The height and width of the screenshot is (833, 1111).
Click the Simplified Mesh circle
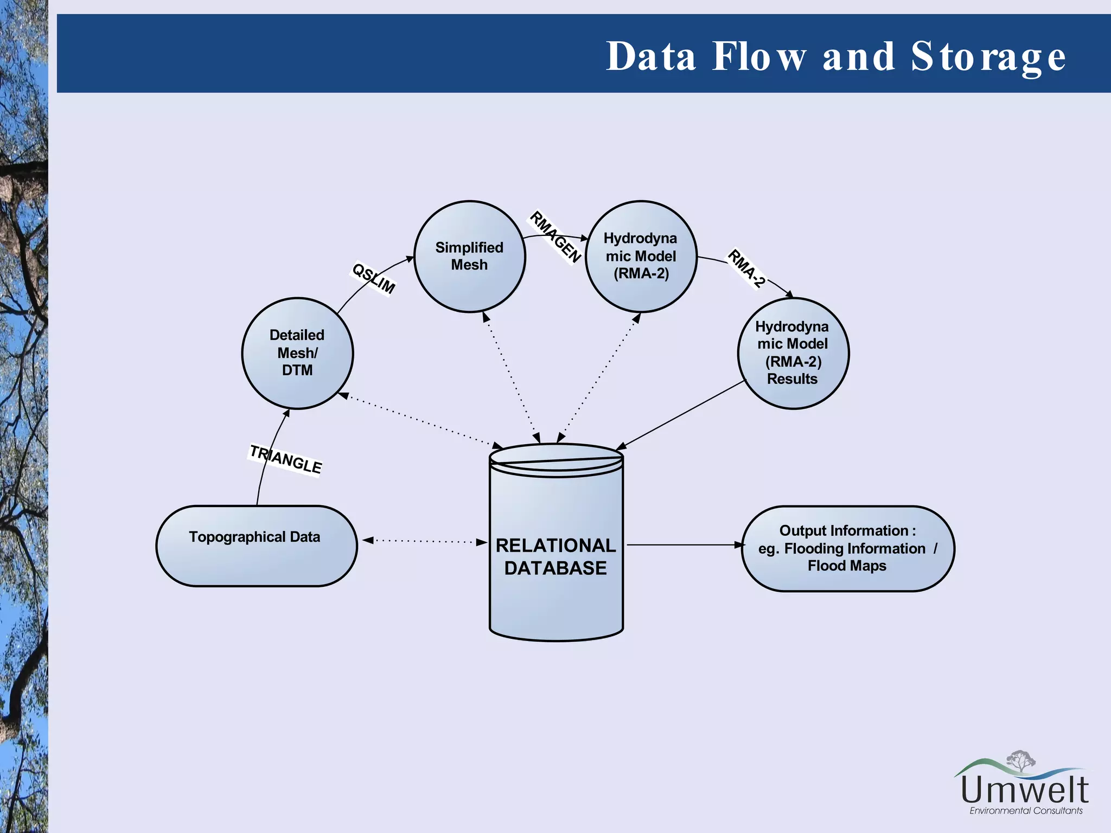[469, 257]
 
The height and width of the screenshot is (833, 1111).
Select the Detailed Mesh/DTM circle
[297, 353]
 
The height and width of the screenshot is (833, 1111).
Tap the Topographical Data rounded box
[256, 546]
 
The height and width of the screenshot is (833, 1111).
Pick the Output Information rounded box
[847, 548]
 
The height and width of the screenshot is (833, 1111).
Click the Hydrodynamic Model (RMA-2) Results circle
[793, 353]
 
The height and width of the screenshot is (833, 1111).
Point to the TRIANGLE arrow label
[286, 459]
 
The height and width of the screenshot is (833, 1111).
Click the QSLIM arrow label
[373, 278]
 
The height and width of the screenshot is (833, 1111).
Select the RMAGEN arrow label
[555, 237]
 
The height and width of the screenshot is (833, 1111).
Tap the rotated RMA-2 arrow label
[746, 268]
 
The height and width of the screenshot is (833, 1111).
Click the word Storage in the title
[988, 56]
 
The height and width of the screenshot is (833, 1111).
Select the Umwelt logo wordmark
[1024, 790]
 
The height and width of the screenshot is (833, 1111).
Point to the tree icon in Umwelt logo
[1020, 760]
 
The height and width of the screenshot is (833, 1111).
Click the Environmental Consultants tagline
[1025, 811]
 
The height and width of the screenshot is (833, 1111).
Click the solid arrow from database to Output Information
[684, 544]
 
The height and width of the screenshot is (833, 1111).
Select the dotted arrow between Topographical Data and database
[425, 541]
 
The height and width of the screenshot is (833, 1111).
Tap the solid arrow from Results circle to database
[681, 415]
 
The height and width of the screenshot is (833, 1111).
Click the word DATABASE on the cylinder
[555, 568]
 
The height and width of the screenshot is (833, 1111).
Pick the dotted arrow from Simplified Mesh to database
[511, 378]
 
